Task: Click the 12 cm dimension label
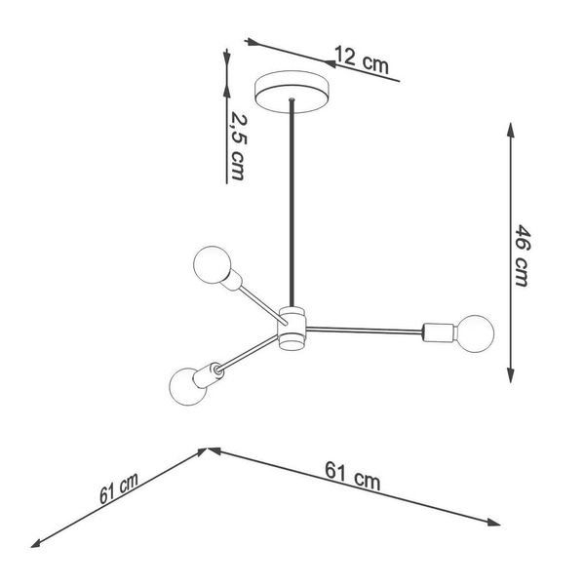(362, 59)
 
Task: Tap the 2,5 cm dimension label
(238, 146)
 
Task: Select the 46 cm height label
(522, 255)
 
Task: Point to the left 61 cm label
(119, 488)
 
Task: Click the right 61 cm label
(353, 476)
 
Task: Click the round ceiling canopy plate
(292, 92)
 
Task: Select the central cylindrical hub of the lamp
(292, 329)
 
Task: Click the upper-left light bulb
(212, 264)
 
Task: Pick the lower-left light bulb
(187, 386)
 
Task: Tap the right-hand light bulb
(475, 333)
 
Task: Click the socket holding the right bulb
(439, 332)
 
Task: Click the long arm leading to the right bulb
(364, 330)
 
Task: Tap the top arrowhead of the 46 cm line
(510, 130)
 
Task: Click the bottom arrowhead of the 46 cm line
(510, 375)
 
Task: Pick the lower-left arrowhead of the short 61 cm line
(37, 544)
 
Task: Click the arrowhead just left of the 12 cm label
(330, 63)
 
